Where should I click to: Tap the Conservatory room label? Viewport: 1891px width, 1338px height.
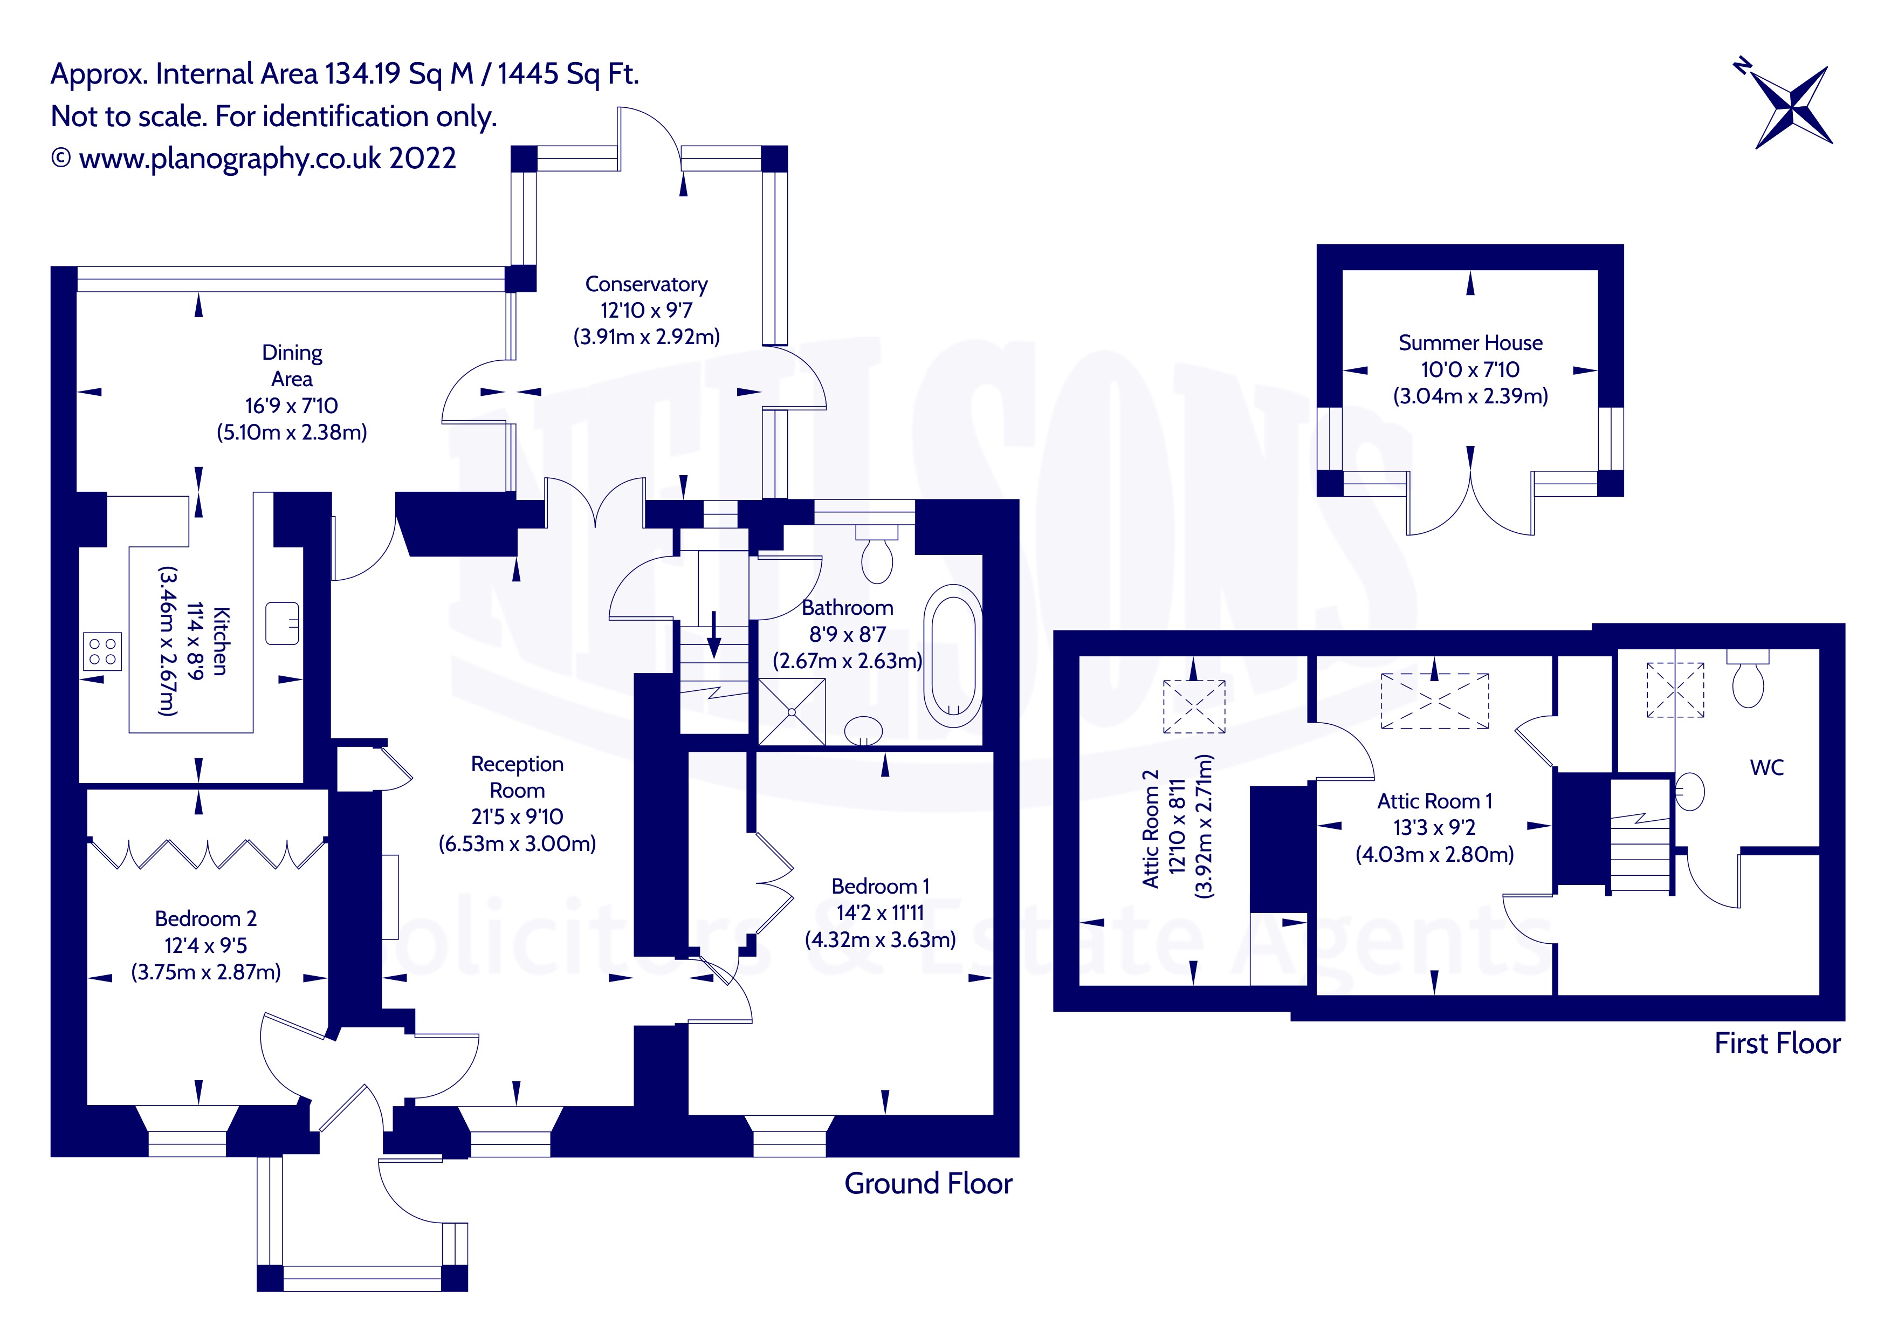pyautogui.click(x=646, y=284)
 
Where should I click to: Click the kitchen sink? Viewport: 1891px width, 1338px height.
pyautogui.click(x=281, y=623)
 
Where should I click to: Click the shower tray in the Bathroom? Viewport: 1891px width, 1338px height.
pyautogui.click(x=790, y=711)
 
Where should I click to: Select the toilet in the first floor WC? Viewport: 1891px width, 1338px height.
pyautogui.click(x=1748, y=681)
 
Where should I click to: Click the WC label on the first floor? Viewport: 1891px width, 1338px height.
pyautogui.click(x=1766, y=768)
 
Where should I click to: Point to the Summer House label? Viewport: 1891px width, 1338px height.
pyautogui.click(x=1470, y=343)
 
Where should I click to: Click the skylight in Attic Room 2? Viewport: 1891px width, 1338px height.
pyautogui.click(x=1193, y=706)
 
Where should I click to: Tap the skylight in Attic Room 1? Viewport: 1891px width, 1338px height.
pyautogui.click(x=1435, y=701)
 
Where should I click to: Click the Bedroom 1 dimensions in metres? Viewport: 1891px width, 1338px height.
pyautogui.click(x=879, y=939)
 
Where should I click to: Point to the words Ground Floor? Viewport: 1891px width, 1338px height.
pyautogui.click(x=928, y=1183)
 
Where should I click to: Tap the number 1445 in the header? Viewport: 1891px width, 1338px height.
pyautogui.click(x=528, y=74)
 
